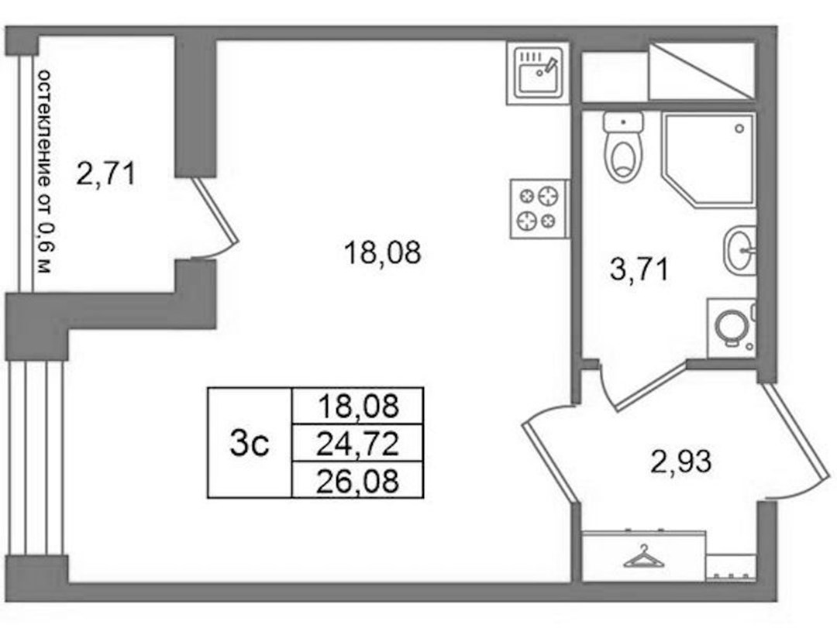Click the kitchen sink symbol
pyautogui.click(x=538, y=73)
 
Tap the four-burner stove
pyautogui.click(x=539, y=208)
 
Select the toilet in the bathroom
pyautogui.click(x=623, y=146)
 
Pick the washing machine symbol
pyautogui.click(x=732, y=328)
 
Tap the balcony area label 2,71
pyautogui.click(x=105, y=174)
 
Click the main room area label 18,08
pyautogui.click(x=383, y=252)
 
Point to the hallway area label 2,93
pyautogui.click(x=681, y=461)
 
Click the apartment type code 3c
pyautogui.click(x=250, y=444)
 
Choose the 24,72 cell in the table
pyautogui.click(x=357, y=444)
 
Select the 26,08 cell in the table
pyautogui.click(x=357, y=480)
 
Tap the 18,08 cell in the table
pyautogui.click(x=357, y=406)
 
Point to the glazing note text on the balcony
pyautogui.click(x=46, y=171)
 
